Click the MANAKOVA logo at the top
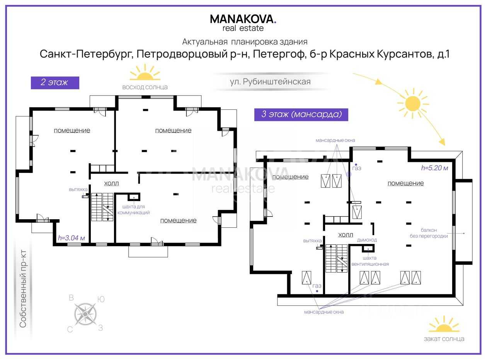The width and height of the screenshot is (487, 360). click(x=243, y=23)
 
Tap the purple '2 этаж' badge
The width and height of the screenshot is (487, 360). click(x=55, y=83)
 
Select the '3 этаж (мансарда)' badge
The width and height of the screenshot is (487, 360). click(x=301, y=114)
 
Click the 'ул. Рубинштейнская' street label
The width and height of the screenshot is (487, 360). click(x=270, y=82)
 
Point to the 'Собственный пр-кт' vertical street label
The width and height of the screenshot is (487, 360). click(x=23, y=288)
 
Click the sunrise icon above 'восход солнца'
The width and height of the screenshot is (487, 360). click(x=145, y=72)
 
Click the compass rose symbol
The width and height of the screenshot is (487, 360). click(x=85, y=314)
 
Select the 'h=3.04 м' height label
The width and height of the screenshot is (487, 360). click(x=72, y=238)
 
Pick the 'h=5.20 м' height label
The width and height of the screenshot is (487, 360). click(x=434, y=168)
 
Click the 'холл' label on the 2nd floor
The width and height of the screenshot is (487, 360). click(x=111, y=183)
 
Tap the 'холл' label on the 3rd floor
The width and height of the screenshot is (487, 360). click(x=346, y=235)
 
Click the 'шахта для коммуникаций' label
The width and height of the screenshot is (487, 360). click(x=133, y=210)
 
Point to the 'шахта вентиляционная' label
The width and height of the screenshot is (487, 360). click(x=370, y=261)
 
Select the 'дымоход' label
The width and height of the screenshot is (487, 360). click(x=367, y=240)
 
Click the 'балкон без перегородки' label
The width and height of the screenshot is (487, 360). click(x=429, y=233)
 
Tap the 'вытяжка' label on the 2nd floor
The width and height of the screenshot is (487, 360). click(x=78, y=189)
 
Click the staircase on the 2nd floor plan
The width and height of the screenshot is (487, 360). click(x=102, y=207)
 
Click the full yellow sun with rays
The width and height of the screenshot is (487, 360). click(x=413, y=104)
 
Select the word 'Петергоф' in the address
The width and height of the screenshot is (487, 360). click(x=279, y=54)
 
